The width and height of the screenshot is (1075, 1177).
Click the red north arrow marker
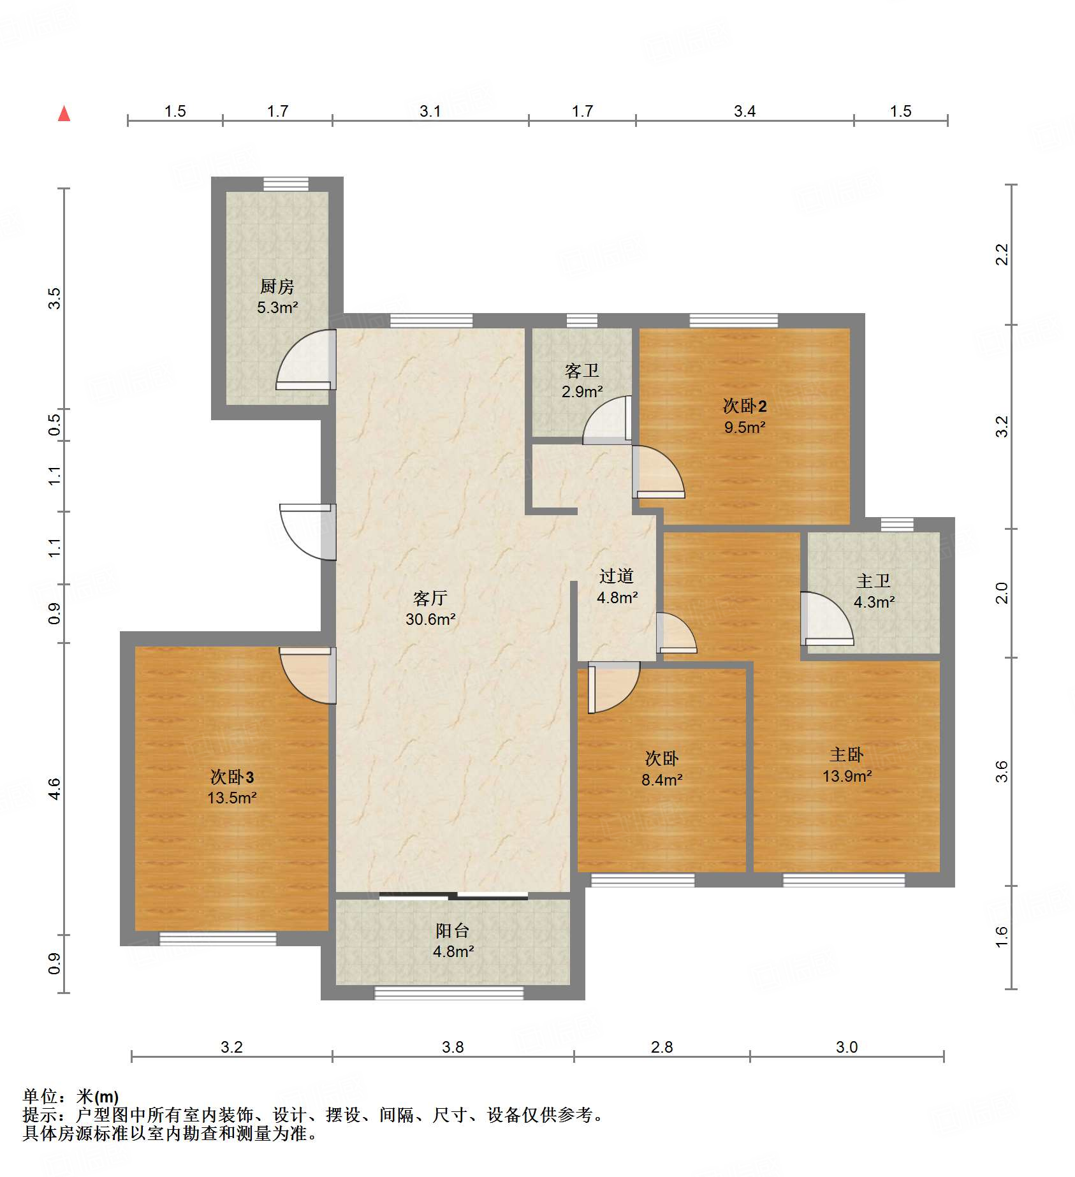tap(64, 113)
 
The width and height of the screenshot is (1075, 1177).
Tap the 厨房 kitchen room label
tap(277, 286)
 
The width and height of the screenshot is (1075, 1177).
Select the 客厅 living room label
tap(430, 597)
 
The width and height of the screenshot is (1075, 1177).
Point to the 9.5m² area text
tap(744, 427)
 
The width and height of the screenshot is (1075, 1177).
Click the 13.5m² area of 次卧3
tap(231, 798)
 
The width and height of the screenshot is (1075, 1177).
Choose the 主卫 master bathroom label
tap(873, 581)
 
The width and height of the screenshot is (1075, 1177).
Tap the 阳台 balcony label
tap(452, 930)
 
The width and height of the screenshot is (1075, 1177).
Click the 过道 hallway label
tap(616, 576)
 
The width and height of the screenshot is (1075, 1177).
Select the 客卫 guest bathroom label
tap(581, 370)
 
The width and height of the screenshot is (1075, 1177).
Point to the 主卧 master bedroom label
tap(846, 754)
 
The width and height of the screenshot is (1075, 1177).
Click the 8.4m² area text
tap(662, 779)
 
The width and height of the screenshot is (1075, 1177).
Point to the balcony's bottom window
tap(449, 993)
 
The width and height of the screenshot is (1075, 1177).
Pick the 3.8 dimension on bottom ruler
tap(453, 1047)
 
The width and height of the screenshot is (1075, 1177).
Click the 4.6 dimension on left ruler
tap(55, 789)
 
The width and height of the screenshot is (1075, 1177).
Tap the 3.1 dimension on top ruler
tap(430, 111)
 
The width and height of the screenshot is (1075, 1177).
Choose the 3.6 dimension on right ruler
tap(1002, 771)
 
